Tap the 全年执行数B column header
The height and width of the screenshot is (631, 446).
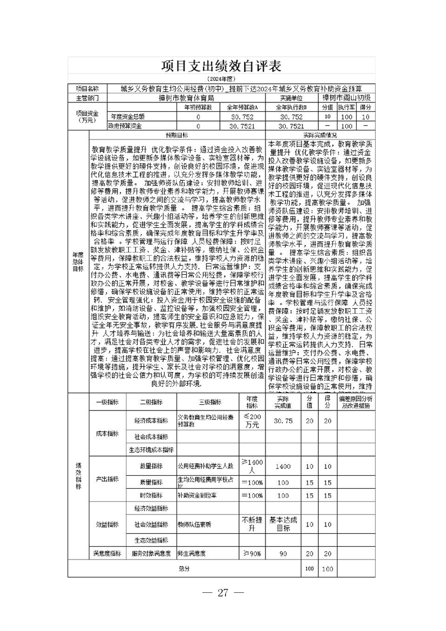(290, 106)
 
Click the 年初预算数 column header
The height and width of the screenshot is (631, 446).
(199, 106)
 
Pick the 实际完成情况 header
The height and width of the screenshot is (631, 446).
(320, 135)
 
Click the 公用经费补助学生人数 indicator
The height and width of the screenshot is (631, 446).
(205, 466)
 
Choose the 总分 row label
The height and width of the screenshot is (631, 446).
(184, 569)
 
